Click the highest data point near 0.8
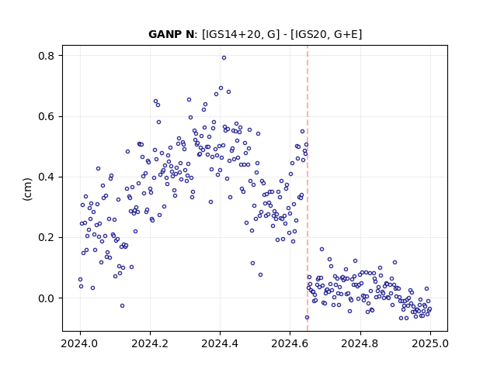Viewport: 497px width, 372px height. (224, 58)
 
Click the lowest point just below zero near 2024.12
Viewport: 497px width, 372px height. (122, 305)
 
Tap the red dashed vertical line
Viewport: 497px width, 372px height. (308, 188)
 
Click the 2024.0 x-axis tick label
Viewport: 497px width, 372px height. (80, 343)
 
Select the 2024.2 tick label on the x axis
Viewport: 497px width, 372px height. (150, 343)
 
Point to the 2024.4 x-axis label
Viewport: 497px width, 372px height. (220, 343)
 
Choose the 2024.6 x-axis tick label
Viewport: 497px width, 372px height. (290, 343)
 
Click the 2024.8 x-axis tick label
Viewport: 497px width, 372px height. (360, 343)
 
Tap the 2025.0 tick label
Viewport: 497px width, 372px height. (430, 343)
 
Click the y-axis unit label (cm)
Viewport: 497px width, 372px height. (28, 189)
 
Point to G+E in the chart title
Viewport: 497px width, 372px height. (346, 34)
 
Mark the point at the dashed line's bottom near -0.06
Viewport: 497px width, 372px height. (307, 317)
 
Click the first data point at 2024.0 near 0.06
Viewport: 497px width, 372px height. (80, 279)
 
